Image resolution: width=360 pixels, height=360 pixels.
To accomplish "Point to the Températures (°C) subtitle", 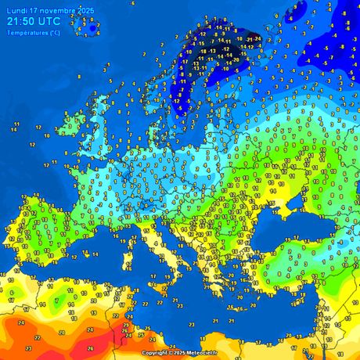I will click(32, 33).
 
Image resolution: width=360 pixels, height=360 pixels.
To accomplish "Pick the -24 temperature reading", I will click(257, 38).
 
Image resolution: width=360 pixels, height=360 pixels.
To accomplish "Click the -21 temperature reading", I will click(248, 38).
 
